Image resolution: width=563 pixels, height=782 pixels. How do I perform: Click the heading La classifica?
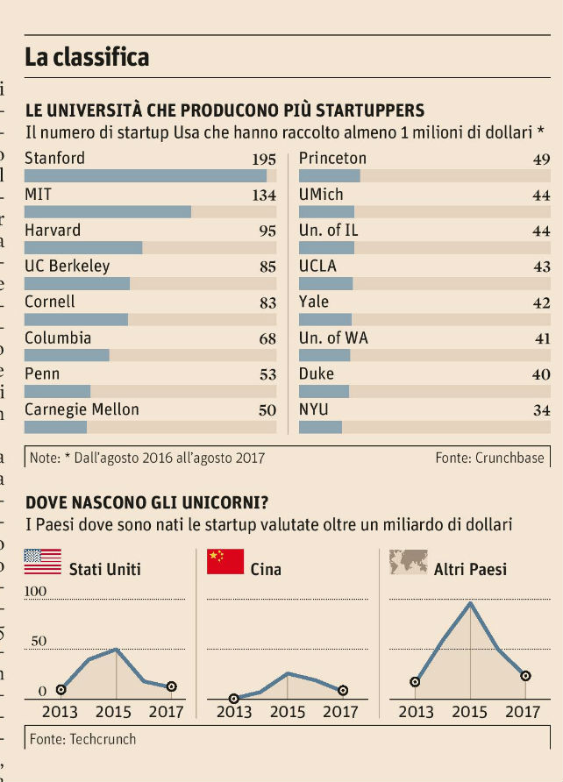87,58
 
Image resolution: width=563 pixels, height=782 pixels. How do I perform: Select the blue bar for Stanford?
145,175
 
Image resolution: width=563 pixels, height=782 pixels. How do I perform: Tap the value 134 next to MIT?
264,195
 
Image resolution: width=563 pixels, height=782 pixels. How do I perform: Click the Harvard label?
53,231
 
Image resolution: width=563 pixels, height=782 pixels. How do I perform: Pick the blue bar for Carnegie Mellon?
55,427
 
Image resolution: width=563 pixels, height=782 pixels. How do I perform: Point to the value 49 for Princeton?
541,160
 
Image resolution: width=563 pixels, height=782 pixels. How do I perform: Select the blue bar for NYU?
320,427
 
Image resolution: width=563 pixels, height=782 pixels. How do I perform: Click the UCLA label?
317,266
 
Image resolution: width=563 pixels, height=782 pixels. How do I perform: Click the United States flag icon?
43,561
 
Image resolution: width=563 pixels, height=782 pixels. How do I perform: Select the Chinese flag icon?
225,561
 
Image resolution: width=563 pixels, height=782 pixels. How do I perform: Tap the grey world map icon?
409,561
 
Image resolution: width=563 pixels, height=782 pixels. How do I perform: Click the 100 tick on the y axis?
35,592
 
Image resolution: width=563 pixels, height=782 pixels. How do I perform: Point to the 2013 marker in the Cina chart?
234,698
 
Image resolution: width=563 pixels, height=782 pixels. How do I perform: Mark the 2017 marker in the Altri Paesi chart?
525,676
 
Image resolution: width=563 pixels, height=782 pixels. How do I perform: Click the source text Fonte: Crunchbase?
489,458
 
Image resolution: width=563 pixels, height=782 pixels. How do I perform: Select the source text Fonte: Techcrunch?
83,739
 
